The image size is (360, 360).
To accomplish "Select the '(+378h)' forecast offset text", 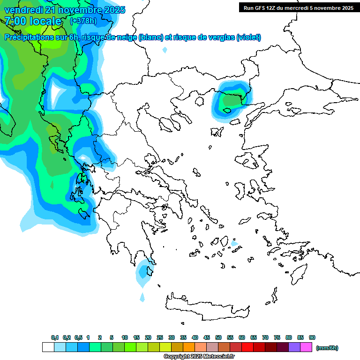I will coord(83,21).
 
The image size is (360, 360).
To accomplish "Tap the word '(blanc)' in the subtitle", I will coord(151,37).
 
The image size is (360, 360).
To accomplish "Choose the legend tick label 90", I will coord(312,337).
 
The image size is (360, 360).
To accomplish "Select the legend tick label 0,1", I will coord(54,337).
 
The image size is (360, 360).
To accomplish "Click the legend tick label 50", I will coord(218,337).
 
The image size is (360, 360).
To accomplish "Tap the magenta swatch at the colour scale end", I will coord(306,347).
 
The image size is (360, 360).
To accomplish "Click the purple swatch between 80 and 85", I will coord(294,347).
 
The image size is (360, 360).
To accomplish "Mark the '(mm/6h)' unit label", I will coord(327,348).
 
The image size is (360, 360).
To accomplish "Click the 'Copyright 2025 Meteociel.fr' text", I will coord(199,356).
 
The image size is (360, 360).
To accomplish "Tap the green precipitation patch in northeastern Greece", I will coord(230,99).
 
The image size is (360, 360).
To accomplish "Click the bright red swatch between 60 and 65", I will coord(247,347).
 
